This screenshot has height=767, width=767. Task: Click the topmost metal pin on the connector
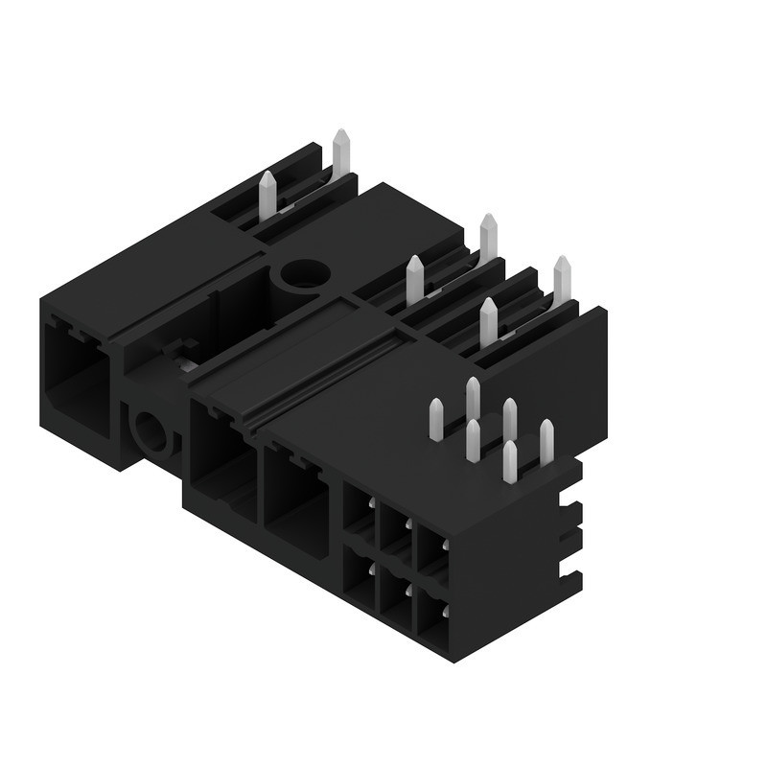tap(340, 153)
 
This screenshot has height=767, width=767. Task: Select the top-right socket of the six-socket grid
tap(430, 555)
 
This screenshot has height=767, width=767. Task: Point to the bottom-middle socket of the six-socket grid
tap(395, 595)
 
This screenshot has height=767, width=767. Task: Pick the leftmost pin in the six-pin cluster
tap(436, 419)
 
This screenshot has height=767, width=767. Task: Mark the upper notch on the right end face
tap(573, 505)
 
